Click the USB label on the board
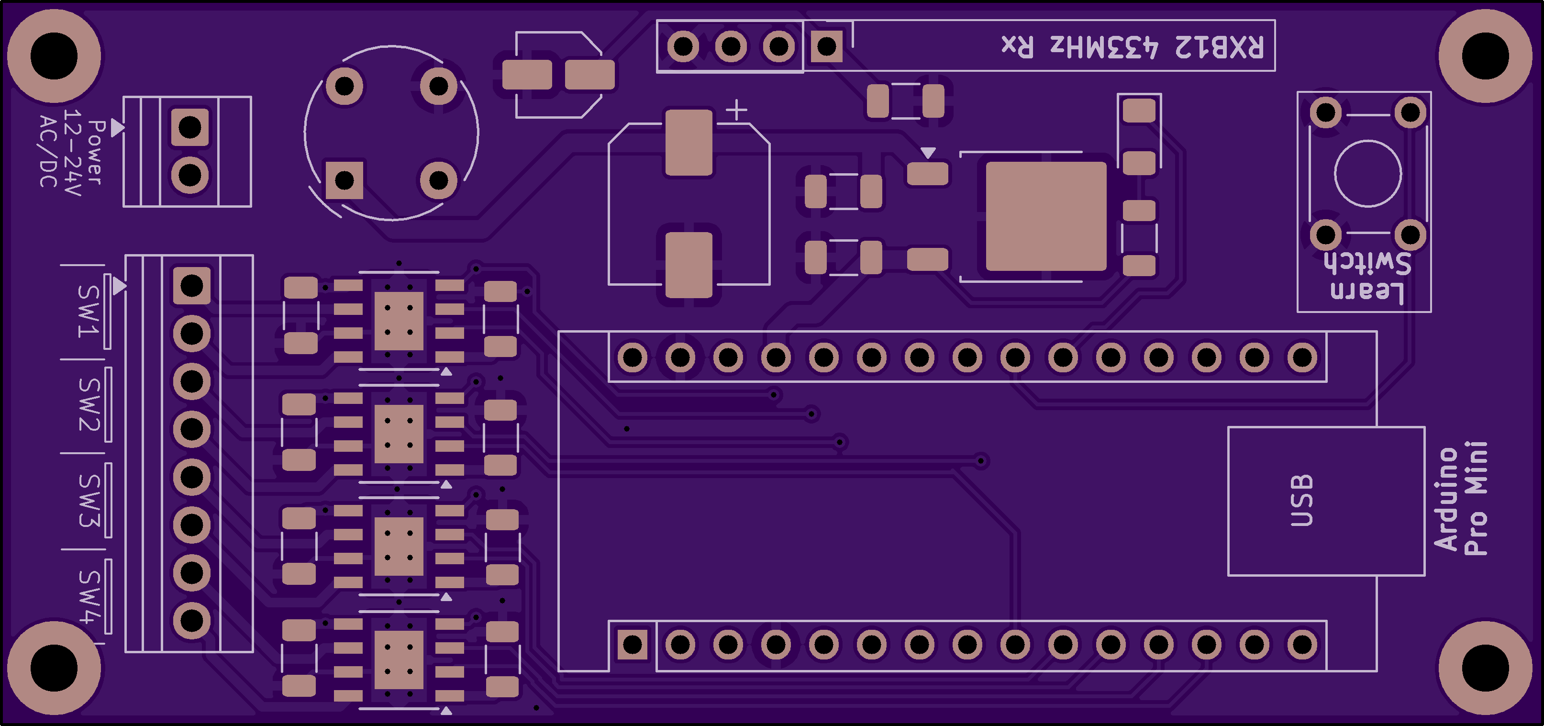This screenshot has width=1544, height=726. [x=1301, y=501]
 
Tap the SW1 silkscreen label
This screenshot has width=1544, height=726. [x=88, y=311]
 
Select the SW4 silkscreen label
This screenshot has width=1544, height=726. [x=88, y=596]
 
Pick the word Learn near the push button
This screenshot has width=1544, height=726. [x=1367, y=291]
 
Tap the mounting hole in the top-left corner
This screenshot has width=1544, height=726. [x=54, y=56]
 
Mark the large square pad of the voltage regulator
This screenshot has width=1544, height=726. [x=1046, y=216]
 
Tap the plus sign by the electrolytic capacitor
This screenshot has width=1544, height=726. [x=737, y=110]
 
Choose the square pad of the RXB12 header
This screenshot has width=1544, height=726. [x=826, y=46]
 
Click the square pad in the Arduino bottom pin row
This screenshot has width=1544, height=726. [x=633, y=645]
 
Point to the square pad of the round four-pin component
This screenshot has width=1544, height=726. [x=344, y=180]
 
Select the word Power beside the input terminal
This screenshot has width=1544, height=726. [x=96, y=152]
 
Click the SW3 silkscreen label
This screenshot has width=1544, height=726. [x=89, y=501]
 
